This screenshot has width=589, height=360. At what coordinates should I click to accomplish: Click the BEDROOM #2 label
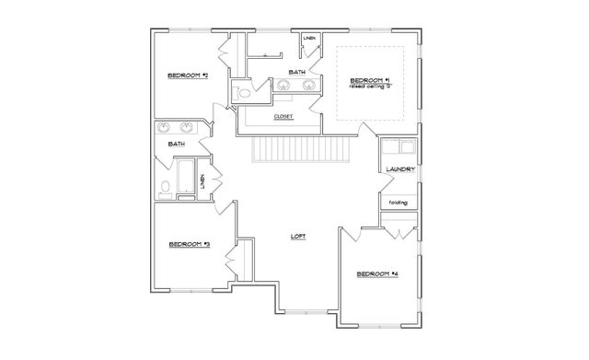coord(186,75)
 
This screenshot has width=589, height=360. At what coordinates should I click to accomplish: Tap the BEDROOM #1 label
coord(368,81)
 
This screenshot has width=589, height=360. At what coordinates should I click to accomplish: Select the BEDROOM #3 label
coord(190,244)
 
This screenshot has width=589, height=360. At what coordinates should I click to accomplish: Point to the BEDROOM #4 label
coord(376,273)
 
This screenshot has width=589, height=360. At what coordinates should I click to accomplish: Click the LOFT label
coord(297,237)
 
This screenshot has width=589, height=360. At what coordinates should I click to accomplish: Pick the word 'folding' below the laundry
coord(398,203)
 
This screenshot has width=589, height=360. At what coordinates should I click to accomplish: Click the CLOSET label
coord(284,117)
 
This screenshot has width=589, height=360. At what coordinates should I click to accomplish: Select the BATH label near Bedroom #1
coord(296,71)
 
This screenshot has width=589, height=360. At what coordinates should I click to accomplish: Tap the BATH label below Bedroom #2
coord(176,144)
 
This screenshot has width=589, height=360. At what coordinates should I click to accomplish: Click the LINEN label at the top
coord(309,39)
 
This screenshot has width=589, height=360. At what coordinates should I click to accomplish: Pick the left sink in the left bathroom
coord(164,127)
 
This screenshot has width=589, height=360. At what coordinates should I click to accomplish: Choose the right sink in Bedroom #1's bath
coord(308,87)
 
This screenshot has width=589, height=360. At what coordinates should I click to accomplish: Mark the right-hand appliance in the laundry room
coord(408,147)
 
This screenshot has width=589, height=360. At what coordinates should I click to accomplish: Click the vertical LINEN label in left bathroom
coord(202,181)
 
